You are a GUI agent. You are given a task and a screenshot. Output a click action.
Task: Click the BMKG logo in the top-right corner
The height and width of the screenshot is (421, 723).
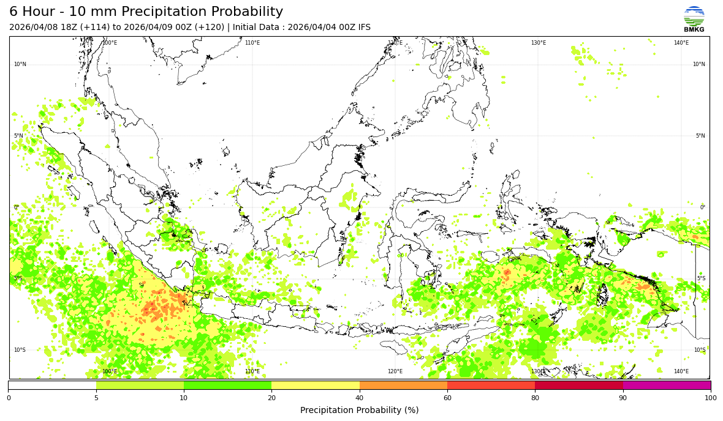coord(694,18)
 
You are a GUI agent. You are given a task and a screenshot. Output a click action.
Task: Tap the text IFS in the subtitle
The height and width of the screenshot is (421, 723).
coord(364,28)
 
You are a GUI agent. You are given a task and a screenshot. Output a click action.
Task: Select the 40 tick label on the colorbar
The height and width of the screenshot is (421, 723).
coord(360,398)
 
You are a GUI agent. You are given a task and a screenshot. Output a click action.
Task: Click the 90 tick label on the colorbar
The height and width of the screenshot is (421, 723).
coord(623,398)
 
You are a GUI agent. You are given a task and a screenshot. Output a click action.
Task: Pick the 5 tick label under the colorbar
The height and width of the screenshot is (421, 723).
coord(96,398)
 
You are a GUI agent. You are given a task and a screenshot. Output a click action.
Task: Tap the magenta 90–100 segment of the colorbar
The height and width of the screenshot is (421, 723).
coord(667,386)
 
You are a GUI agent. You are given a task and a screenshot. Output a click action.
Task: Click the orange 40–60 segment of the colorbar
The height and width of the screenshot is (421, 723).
coord(403,386)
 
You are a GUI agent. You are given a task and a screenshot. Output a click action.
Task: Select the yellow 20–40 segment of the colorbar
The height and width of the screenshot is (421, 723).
coord(316,386)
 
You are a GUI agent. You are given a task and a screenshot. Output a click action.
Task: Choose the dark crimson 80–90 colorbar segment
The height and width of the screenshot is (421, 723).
coord(579,386)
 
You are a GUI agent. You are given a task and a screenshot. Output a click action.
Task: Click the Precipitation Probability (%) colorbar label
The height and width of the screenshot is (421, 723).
coord(360,410)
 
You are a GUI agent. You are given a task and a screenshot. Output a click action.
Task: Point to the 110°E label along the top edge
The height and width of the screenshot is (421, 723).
coord(252,43)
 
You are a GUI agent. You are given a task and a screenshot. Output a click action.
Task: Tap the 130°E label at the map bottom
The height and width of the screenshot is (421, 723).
coord(538,371)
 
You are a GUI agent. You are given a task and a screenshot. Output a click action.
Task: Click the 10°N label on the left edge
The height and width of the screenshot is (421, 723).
coord(20,64)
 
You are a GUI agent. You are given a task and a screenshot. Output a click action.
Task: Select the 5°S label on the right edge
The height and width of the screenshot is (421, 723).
coord(701,278)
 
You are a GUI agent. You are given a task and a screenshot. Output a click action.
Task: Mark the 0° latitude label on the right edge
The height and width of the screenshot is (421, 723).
coord(703,207)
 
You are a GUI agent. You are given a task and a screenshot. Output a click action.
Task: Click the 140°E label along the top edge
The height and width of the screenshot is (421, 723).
coord(681,43)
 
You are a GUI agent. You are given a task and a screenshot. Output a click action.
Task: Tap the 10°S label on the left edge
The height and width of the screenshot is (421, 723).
coord(20,350)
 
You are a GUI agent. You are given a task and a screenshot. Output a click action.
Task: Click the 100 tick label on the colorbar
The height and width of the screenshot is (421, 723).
coord(710,398)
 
